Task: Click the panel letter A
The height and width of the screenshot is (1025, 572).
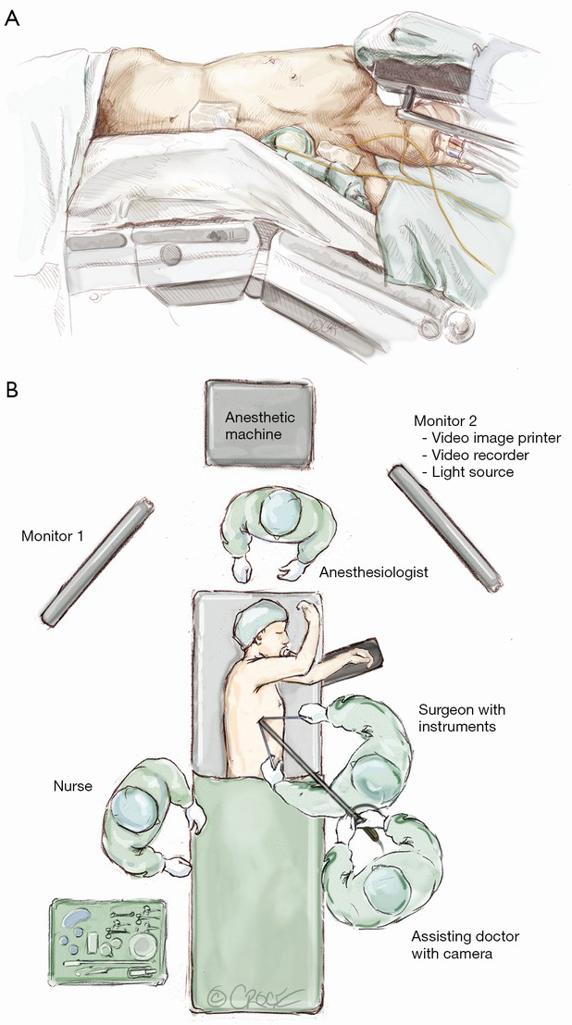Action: click(12, 19)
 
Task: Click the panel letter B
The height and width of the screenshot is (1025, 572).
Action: click(12, 388)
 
